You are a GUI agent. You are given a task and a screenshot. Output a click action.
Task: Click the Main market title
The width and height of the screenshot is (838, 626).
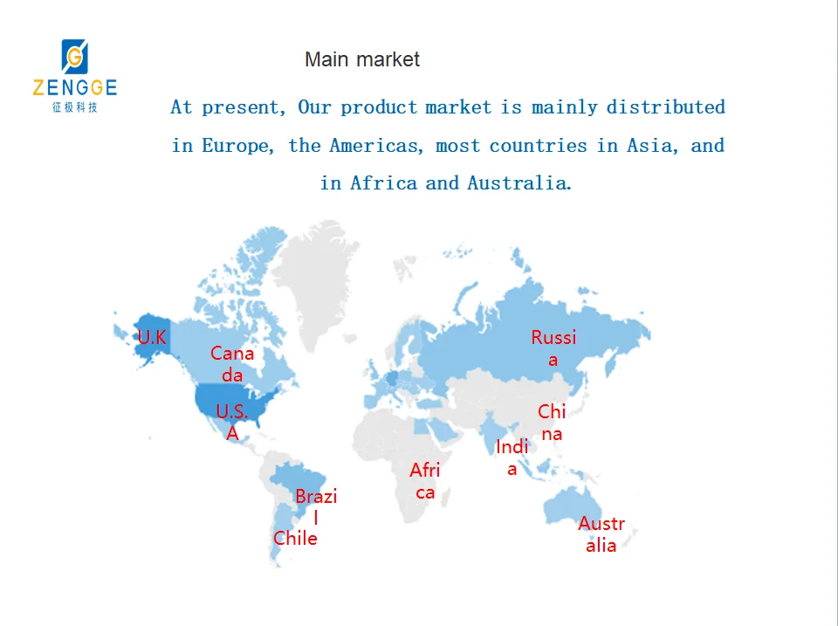tap(361, 59)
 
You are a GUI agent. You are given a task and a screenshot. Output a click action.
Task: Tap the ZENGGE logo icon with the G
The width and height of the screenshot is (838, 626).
tap(75, 56)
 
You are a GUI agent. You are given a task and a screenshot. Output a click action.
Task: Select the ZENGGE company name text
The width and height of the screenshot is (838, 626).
tap(75, 87)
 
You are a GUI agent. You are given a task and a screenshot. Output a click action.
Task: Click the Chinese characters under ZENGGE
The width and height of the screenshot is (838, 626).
tap(75, 107)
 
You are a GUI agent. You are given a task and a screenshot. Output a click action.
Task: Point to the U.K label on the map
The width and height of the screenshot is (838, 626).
tap(152, 337)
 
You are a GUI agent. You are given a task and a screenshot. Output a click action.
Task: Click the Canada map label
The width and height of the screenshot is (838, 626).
tap(232, 364)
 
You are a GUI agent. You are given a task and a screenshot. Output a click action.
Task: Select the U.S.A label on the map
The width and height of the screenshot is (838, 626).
tap(232, 422)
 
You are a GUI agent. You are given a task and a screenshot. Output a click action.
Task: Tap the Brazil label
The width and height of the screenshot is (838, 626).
tap(316, 506)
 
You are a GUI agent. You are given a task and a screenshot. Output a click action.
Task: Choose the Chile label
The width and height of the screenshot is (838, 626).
tap(295, 538)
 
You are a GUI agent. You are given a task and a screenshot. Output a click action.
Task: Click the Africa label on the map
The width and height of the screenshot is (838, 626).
tap(425, 481)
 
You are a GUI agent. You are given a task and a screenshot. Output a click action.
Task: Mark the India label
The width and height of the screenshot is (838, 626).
tap(512, 457)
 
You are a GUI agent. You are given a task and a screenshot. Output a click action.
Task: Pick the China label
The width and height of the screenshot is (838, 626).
tap(552, 423)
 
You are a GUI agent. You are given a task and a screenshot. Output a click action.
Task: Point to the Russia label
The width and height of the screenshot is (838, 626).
tap(553, 348)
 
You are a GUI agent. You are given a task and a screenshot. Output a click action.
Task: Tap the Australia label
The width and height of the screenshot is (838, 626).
tap(601, 534)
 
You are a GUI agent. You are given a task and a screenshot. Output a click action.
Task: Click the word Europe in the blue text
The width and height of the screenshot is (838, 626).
tap(236, 146)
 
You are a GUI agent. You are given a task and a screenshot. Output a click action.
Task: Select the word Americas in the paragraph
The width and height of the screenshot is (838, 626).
tap(375, 146)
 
